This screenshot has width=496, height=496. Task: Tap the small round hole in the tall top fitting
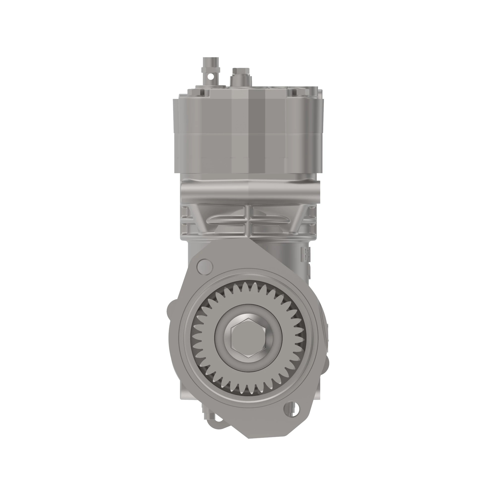click(211, 76)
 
